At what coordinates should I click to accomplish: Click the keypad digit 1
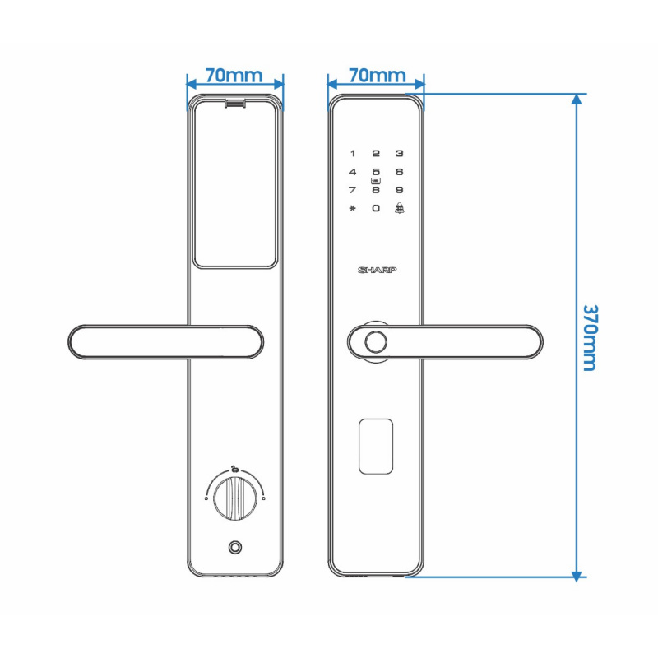click(x=353, y=154)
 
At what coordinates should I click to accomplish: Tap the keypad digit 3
click(x=400, y=154)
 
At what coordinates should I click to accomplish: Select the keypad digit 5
click(x=376, y=172)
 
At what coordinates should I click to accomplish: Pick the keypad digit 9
click(x=400, y=190)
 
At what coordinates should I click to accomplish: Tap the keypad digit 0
click(x=376, y=208)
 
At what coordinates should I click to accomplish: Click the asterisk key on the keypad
click(x=353, y=208)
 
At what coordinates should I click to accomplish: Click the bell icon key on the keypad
click(x=400, y=208)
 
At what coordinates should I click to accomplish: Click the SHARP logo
click(x=377, y=270)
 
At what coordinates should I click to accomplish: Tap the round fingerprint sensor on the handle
click(x=376, y=342)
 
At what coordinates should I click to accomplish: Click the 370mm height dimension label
click(x=590, y=338)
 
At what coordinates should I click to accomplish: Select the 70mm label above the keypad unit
click(x=378, y=76)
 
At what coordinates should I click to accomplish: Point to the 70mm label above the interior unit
click(x=234, y=76)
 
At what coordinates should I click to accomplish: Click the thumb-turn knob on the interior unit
click(x=235, y=498)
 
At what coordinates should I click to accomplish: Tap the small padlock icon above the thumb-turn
click(x=234, y=469)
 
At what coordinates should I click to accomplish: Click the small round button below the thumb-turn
click(x=235, y=547)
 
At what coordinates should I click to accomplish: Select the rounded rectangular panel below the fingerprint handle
click(x=376, y=447)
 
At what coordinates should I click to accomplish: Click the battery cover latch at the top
click(x=235, y=104)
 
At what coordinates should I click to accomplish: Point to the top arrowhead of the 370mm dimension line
click(x=577, y=99)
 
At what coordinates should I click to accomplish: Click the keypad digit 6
click(x=400, y=172)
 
